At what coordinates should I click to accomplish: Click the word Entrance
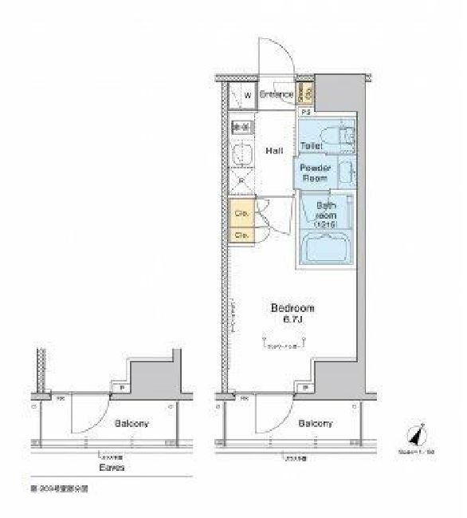pyautogui.click(x=276, y=95)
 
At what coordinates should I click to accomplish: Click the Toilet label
pyautogui.click(x=311, y=146)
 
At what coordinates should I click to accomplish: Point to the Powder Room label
pyautogui.click(x=315, y=173)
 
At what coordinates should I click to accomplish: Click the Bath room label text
pyautogui.click(x=326, y=216)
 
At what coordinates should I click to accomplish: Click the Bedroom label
pyautogui.click(x=292, y=308)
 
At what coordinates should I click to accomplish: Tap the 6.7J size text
pyautogui.click(x=292, y=319)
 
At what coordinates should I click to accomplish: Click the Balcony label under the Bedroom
pyautogui.click(x=316, y=424)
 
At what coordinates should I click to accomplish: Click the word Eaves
pyautogui.click(x=112, y=468)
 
